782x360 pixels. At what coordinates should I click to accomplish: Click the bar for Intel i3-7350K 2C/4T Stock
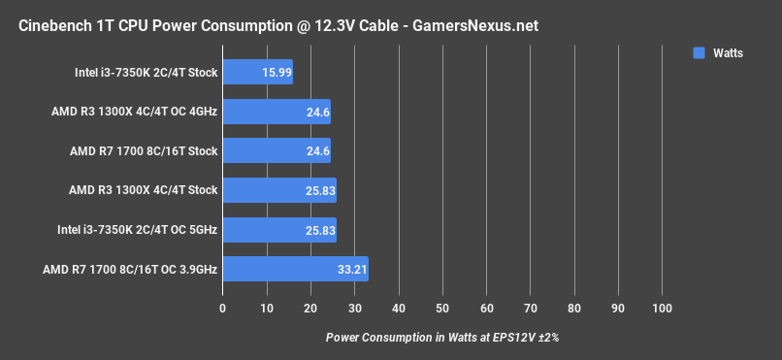coord(257,72)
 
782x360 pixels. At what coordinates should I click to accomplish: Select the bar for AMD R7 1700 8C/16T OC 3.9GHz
coord(295,269)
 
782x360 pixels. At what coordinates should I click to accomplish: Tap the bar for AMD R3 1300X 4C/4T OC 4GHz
coord(277,112)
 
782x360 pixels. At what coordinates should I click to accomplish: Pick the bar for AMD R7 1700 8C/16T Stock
coord(277,150)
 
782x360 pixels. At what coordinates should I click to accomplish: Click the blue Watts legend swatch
coord(699,53)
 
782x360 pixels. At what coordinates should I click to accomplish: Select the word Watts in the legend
coord(728,53)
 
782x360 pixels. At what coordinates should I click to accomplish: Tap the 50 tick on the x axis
coord(442,309)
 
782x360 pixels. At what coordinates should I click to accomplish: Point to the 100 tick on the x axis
coord(662,309)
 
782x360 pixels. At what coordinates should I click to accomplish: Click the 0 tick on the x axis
coord(223,309)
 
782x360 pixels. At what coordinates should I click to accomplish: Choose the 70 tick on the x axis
coord(531,309)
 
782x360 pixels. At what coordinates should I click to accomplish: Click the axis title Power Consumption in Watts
coord(442,338)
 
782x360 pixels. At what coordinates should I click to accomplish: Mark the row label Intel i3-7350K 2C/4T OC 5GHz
coord(146,229)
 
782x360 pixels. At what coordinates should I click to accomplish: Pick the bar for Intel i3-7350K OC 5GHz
coord(279,229)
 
